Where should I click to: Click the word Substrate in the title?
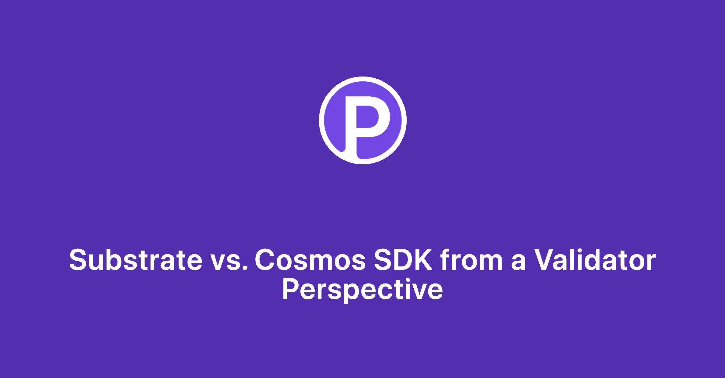click(136, 260)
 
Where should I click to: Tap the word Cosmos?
click(310, 260)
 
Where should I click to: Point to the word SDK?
click(403, 260)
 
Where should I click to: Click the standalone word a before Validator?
click(518, 262)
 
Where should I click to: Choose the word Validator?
click(595, 260)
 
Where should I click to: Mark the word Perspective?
click(362, 290)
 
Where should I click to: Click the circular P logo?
click(362, 120)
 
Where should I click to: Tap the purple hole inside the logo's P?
click(367, 117)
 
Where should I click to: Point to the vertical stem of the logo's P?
click(351, 128)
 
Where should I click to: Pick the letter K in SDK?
click(422, 260)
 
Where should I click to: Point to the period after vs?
click(245, 268)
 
